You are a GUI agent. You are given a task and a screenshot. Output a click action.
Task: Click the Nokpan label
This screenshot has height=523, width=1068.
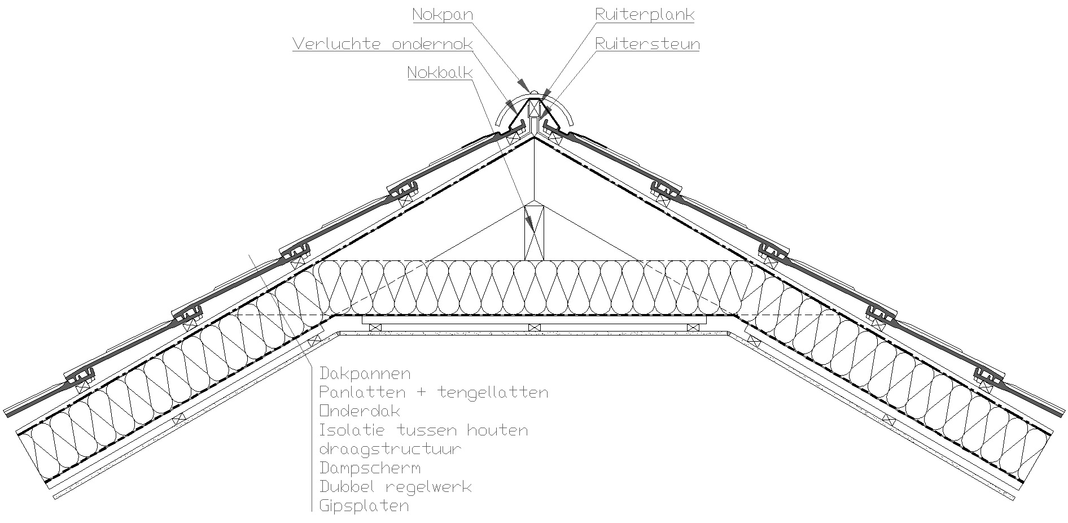click(x=442, y=15)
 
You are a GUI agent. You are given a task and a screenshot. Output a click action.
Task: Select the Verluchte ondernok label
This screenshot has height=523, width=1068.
click(x=382, y=44)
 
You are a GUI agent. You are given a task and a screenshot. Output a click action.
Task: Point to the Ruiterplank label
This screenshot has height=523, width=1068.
click(x=645, y=15)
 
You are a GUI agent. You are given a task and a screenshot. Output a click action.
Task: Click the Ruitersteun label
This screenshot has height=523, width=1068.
click(x=647, y=44)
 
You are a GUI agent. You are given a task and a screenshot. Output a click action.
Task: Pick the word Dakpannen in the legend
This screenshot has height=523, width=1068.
click(x=365, y=373)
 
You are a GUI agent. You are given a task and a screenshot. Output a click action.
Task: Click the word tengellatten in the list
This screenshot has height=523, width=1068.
click(x=492, y=392)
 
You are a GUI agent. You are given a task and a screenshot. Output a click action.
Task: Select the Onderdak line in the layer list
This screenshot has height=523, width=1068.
click(x=360, y=411)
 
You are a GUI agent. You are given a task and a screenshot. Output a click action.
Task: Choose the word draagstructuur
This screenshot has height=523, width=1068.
click(x=390, y=449)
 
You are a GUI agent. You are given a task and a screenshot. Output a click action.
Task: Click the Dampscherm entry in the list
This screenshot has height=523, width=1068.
click(x=370, y=468)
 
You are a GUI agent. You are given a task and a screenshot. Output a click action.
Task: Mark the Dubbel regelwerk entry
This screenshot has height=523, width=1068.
click(x=395, y=486)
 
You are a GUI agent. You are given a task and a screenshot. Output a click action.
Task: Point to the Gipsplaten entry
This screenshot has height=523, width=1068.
click(x=364, y=505)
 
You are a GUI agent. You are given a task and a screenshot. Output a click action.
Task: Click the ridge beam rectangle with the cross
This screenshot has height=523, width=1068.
click(x=534, y=232)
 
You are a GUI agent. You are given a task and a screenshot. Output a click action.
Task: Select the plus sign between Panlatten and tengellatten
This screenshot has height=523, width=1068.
click(x=422, y=392)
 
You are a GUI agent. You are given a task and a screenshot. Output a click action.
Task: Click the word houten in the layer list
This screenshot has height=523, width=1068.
click(x=497, y=430)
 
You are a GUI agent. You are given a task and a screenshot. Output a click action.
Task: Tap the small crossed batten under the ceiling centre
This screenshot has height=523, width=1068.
click(x=533, y=327)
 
